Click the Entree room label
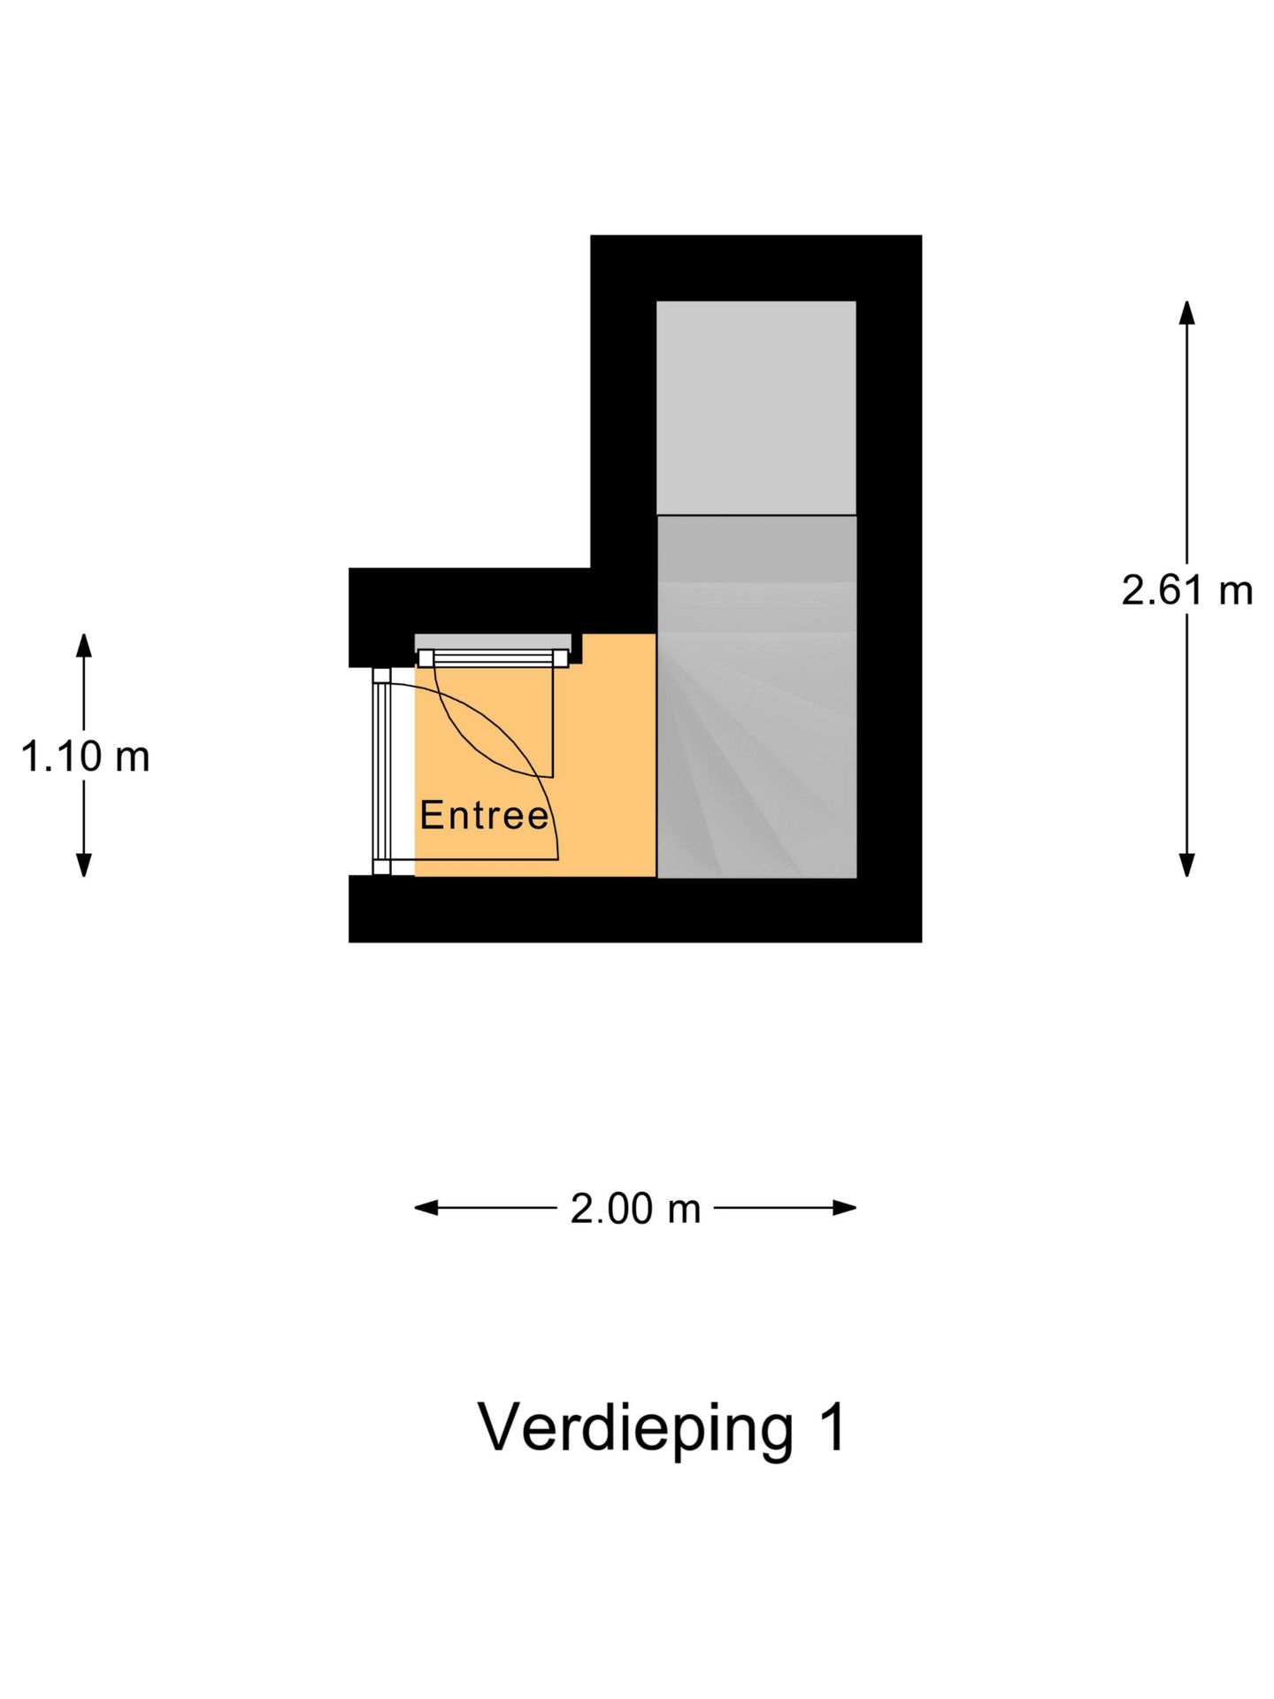pos(484,815)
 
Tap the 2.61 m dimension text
pos(1186,590)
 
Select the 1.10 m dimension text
pos(85,757)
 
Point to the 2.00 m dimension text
pos(635,1209)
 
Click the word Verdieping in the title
pos(636,1429)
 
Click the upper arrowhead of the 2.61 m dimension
pos(1186,312)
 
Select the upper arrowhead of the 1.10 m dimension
pos(84,645)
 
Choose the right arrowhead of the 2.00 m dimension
pos(845,1208)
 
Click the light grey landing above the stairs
pos(756,407)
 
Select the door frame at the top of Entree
pos(494,657)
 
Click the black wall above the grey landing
pos(756,267)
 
